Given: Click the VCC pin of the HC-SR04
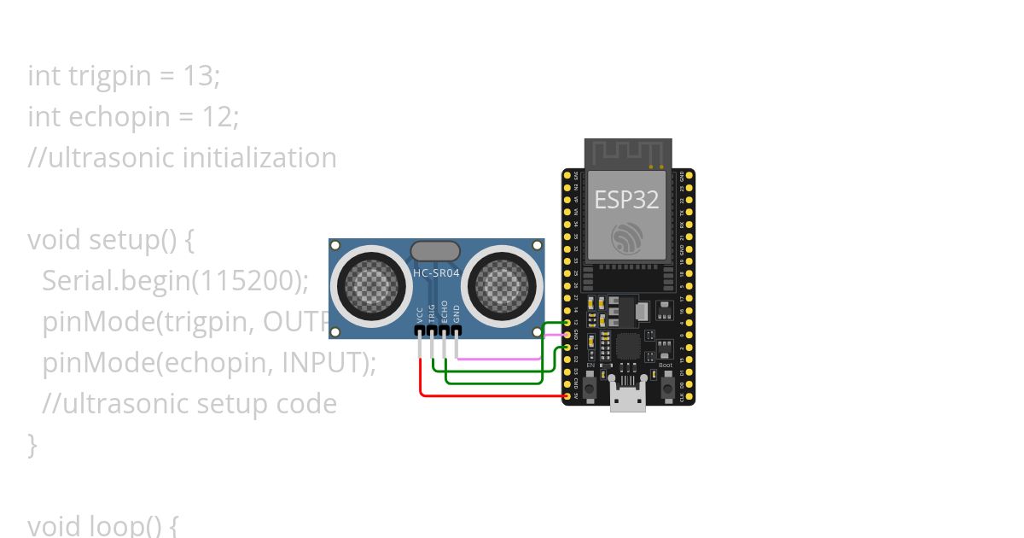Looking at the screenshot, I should tap(421, 330).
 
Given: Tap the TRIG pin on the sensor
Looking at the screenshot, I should tap(433, 330).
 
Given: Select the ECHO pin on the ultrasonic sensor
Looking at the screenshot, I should tap(445, 330).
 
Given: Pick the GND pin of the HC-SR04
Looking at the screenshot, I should tap(457, 330).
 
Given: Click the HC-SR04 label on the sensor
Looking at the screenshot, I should tap(435, 273).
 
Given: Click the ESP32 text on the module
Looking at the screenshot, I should tap(627, 199).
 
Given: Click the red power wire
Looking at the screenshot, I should tap(486, 395).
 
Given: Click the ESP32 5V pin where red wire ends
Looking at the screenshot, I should tap(567, 396).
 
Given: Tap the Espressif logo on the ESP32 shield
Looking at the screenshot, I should tap(627, 238).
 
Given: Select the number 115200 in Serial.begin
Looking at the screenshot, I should tap(253, 281).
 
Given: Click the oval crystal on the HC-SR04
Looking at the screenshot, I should tap(435, 250).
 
